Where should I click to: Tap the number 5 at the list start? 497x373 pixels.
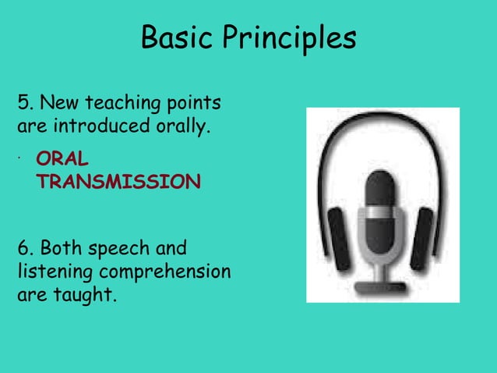point(23,103)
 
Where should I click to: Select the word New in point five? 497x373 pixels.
point(59,103)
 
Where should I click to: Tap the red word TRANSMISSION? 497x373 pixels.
point(118,182)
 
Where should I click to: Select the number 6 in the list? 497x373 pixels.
point(23,249)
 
